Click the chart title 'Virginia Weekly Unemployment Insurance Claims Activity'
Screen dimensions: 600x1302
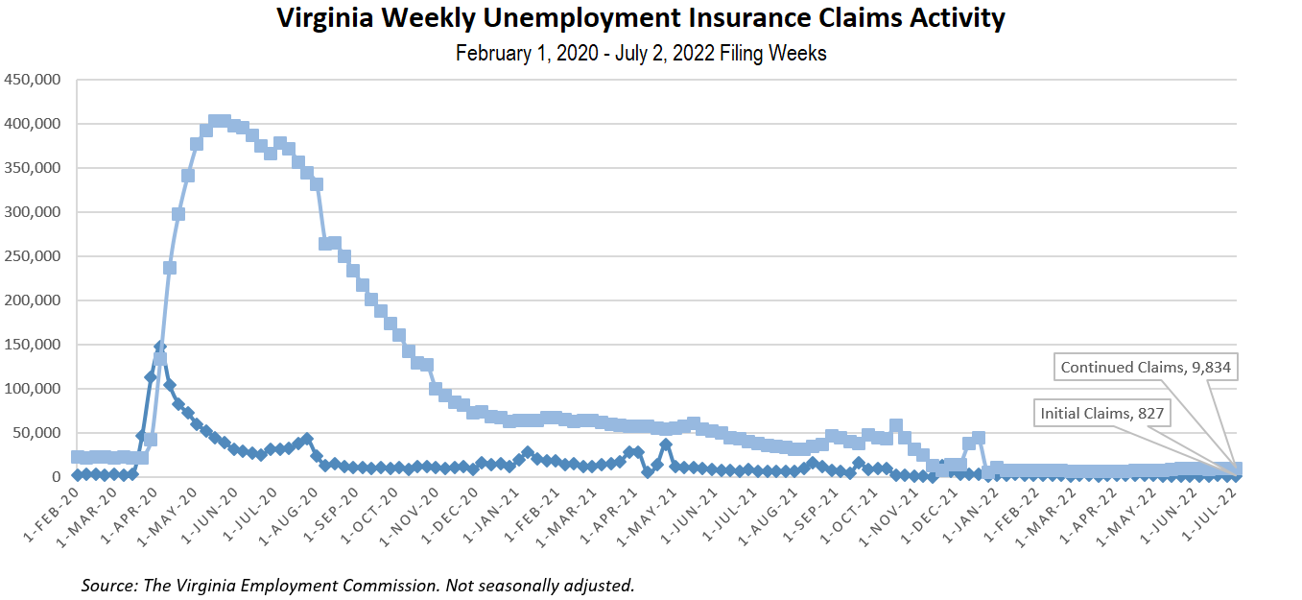click(x=641, y=18)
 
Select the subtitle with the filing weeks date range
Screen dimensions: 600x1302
click(x=641, y=54)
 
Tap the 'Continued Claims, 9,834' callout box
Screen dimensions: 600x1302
click(x=1145, y=366)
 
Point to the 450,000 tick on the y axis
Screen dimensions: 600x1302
click(x=36, y=80)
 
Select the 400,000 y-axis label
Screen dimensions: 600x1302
click(x=36, y=124)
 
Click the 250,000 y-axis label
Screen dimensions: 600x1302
click(x=36, y=256)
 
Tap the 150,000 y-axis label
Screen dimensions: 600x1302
click(x=36, y=345)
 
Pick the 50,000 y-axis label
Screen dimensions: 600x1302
click(x=39, y=433)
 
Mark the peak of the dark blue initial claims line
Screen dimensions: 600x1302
click(x=160, y=347)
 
